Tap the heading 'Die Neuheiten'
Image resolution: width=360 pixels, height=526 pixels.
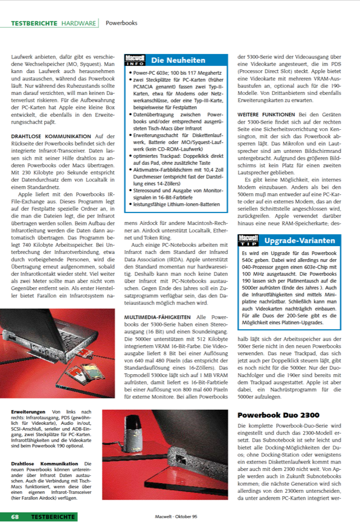[x=178, y=60]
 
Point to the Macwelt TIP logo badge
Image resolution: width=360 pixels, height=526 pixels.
[x=249, y=241]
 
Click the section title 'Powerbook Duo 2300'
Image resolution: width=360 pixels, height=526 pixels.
[x=275, y=415]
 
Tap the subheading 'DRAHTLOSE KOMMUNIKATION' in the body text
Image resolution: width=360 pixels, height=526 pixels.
[x=51, y=136]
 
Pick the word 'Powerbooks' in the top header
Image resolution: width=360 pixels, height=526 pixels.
[x=121, y=23]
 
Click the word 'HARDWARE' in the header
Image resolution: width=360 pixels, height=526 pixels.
[x=78, y=23]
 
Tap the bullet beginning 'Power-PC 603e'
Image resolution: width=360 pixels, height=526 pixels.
[x=177, y=73]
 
